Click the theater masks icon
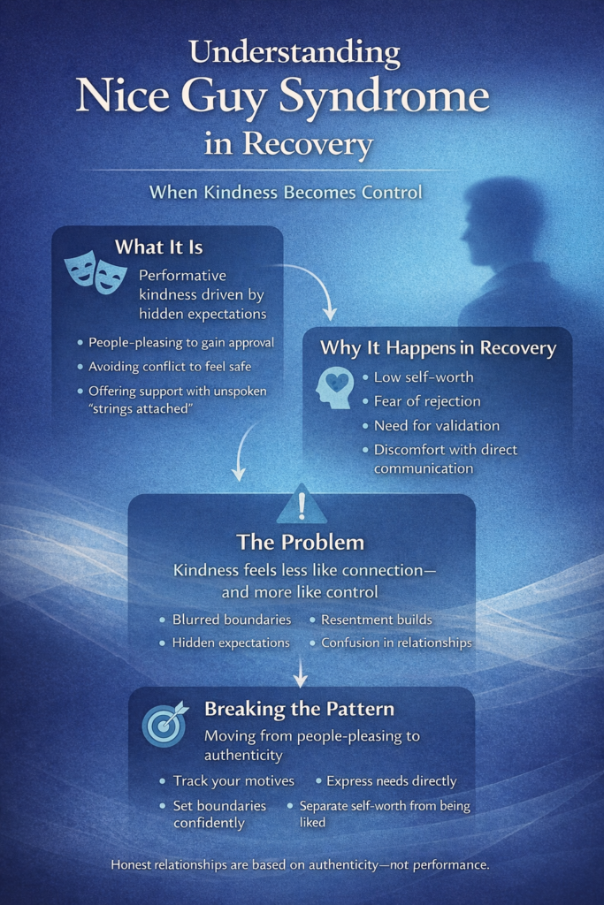point(95,273)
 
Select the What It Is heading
point(158,247)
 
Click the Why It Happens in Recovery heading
point(438,348)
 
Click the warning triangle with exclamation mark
point(302,504)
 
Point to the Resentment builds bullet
point(376,620)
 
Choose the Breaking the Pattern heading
point(299,709)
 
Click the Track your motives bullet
point(233,780)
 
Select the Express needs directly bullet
point(391,780)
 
